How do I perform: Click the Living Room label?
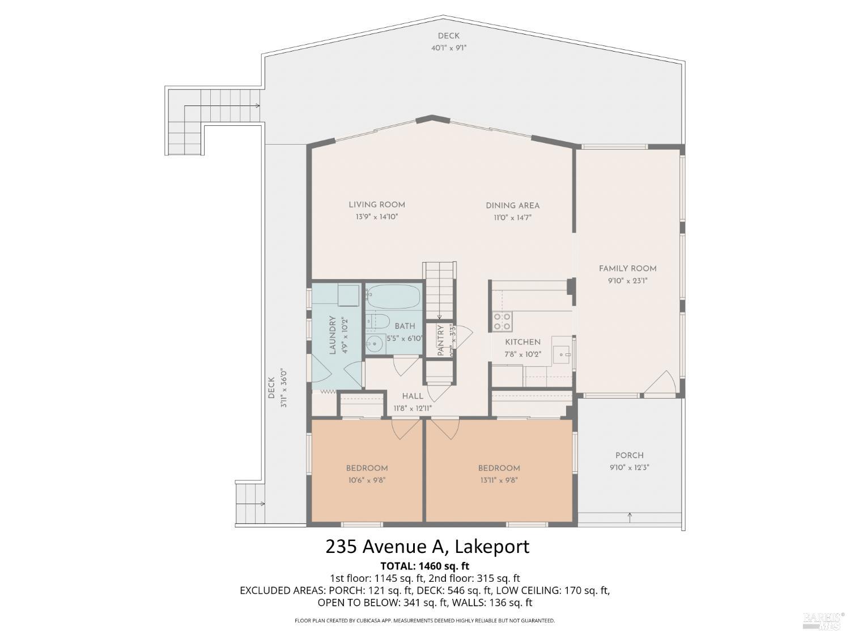[x=377, y=205]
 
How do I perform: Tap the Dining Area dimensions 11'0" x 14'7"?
[x=512, y=217]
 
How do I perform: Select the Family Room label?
[x=627, y=268]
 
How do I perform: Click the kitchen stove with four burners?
[x=502, y=322]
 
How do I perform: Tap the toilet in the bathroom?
[x=376, y=322]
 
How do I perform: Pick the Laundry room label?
[x=333, y=335]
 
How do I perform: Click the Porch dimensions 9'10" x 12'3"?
[x=629, y=468]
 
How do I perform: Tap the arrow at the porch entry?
[x=630, y=516]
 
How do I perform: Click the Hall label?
[x=413, y=396]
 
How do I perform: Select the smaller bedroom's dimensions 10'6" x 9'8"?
[x=367, y=480]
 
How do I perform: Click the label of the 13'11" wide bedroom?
[x=499, y=468]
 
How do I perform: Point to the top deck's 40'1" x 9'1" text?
[x=448, y=48]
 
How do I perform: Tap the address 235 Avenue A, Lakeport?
[x=427, y=547]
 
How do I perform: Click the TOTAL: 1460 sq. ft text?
[x=425, y=566]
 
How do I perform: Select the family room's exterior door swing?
[x=661, y=383]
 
